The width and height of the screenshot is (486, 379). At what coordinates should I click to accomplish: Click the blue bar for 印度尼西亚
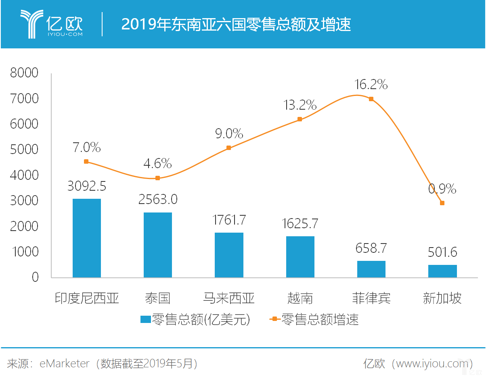pyautogui.click(x=87, y=238)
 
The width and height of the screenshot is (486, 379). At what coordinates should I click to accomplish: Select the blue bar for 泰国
pyautogui.click(x=158, y=245)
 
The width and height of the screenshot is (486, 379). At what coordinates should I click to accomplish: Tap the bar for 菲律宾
pyautogui.click(x=371, y=269)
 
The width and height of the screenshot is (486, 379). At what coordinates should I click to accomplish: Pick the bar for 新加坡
pyautogui.click(x=442, y=271)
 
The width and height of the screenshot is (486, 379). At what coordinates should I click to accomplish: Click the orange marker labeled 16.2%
pyautogui.click(x=371, y=99)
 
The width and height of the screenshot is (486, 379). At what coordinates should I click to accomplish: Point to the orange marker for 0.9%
pyautogui.click(x=442, y=203)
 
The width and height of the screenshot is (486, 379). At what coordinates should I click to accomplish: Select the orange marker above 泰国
pyautogui.click(x=158, y=178)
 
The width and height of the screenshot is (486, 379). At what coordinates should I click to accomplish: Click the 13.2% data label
pyautogui.click(x=300, y=105)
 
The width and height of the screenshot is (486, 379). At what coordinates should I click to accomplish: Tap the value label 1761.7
pyautogui.click(x=229, y=220)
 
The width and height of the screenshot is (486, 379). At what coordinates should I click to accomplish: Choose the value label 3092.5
pyautogui.click(x=87, y=186)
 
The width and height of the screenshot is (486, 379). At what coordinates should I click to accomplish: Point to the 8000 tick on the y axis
pyautogui.click(x=24, y=73)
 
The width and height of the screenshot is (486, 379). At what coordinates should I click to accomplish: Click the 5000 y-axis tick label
pyautogui.click(x=24, y=150)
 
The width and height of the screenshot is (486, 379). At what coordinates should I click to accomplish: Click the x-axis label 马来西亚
pyautogui.click(x=229, y=298)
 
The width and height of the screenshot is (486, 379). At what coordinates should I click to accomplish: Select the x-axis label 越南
pyautogui.click(x=300, y=298)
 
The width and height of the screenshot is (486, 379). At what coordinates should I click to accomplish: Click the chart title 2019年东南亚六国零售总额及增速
pyautogui.click(x=236, y=25)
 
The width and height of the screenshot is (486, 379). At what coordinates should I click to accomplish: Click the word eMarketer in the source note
pyautogui.click(x=65, y=364)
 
